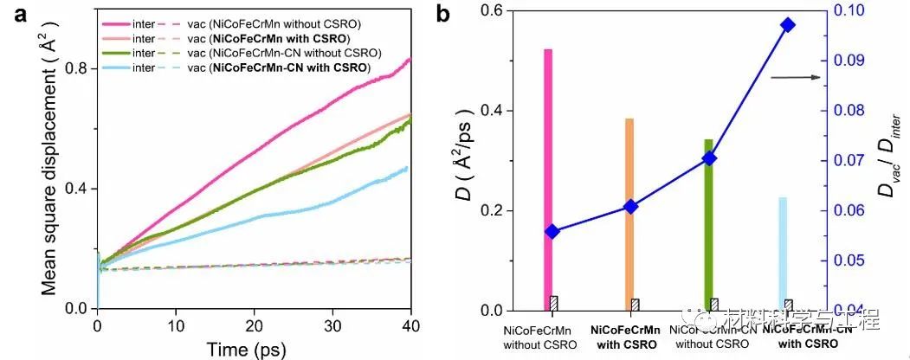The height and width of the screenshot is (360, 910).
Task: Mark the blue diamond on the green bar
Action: [709, 157]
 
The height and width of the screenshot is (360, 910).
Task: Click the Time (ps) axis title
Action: [252, 348]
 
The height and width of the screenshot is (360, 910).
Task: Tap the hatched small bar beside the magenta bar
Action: [554, 304]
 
